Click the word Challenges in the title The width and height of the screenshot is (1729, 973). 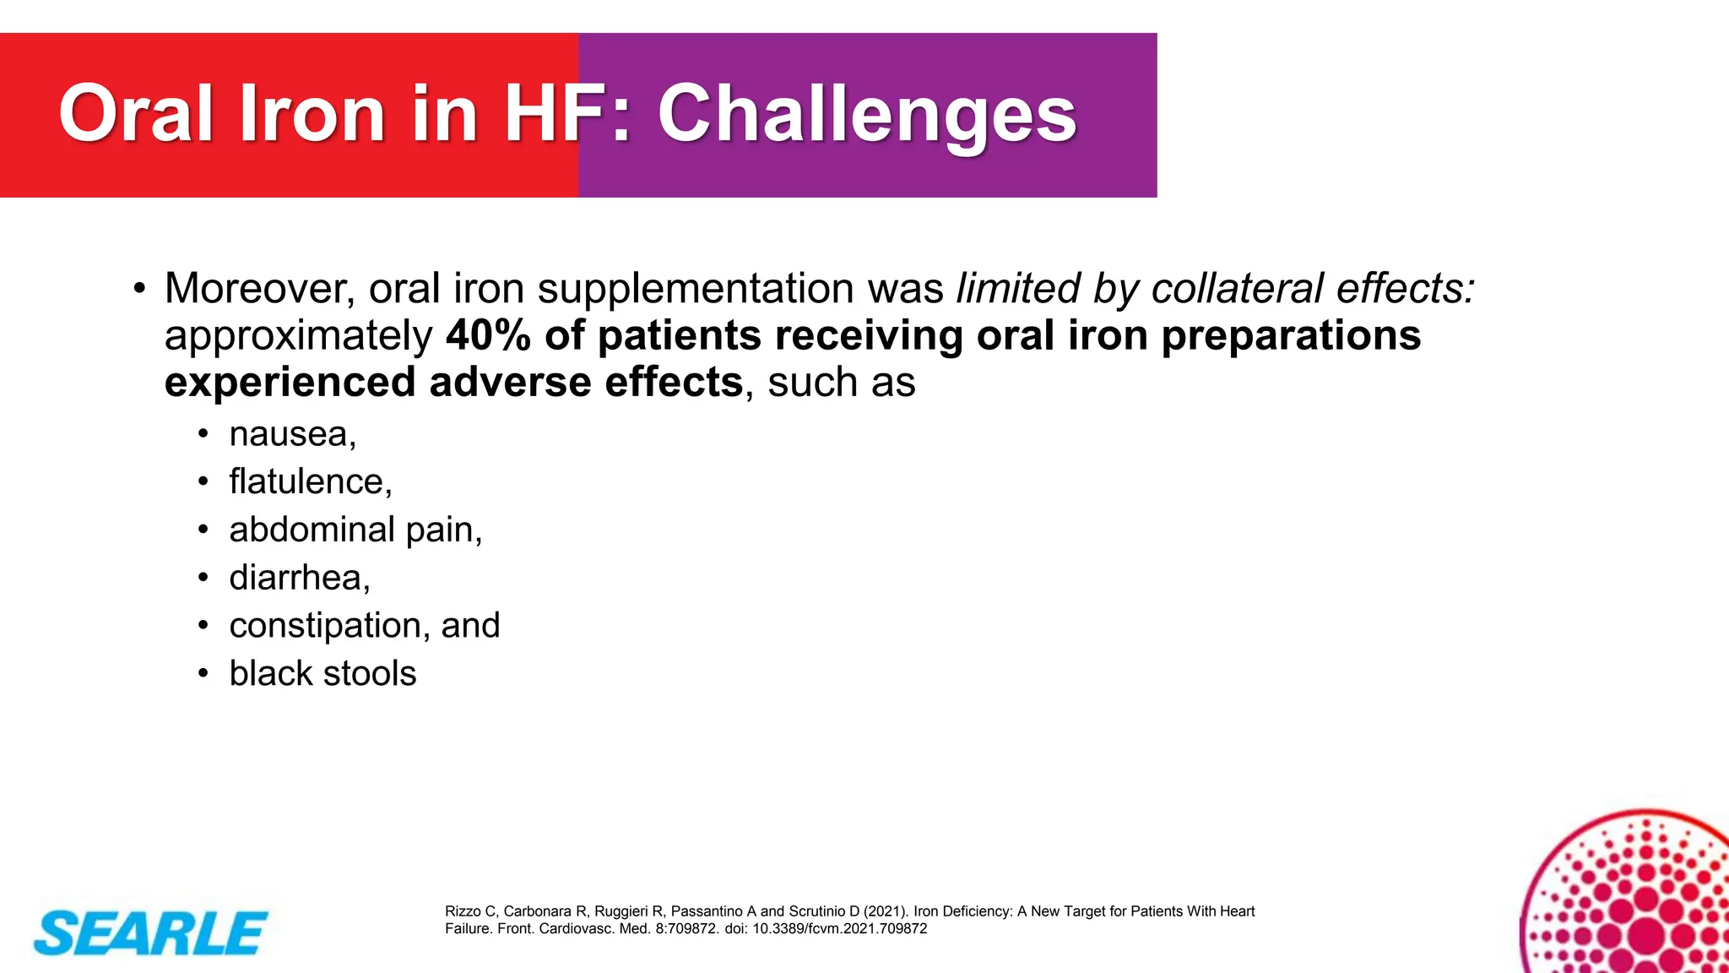click(866, 115)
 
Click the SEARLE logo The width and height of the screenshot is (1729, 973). click(150, 933)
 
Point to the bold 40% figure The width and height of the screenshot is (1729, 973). click(489, 335)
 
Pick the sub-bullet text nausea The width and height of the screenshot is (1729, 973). click(287, 434)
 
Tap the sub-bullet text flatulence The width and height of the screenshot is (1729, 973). click(306, 481)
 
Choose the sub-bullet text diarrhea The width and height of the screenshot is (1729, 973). click(295, 578)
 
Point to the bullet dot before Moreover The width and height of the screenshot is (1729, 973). click(139, 289)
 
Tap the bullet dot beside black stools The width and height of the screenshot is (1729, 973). click(203, 674)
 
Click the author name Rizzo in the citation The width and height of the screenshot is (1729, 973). click(463, 911)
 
